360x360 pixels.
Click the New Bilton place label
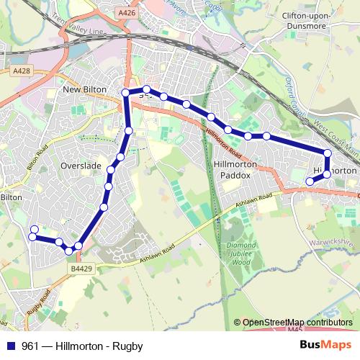[85, 89]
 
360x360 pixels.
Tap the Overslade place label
[81, 165]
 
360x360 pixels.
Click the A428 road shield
[22, 71]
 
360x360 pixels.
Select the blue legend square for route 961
[10, 346]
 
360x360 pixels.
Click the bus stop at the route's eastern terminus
[310, 181]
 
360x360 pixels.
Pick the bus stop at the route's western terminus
[32, 230]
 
